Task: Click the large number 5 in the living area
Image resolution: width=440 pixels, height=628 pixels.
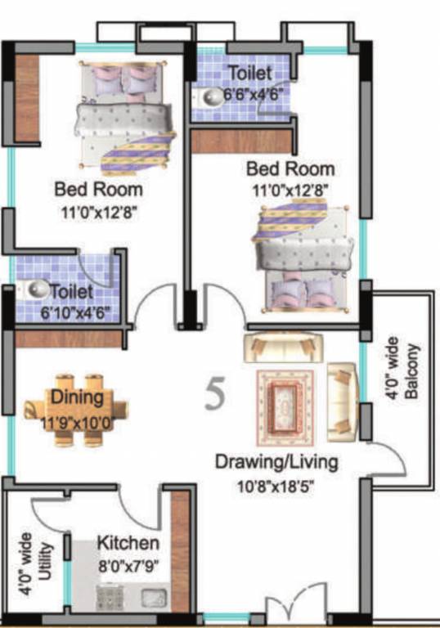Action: click(x=215, y=394)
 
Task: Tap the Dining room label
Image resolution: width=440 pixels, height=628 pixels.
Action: click(x=75, y=398)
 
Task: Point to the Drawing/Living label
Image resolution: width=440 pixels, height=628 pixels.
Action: click(x=276, y=462)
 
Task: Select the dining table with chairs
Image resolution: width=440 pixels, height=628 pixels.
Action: click(x=76, y=406)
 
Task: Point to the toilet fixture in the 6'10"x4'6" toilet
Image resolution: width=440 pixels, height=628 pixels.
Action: click(x=34, y=289)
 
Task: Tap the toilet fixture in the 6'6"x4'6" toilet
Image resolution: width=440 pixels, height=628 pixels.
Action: click(x=209, y=94)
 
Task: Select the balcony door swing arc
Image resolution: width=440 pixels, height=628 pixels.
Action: click(x=388, y=466)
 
